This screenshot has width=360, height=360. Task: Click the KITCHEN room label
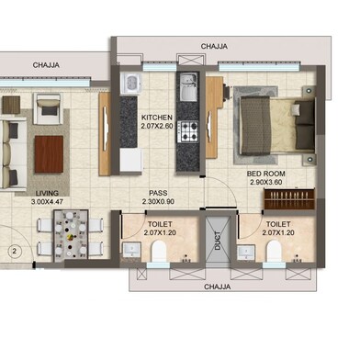click(x=157, y=118)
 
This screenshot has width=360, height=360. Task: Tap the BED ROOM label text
click(x=266, y=174)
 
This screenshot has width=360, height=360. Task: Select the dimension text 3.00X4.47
click(x=47, y=202)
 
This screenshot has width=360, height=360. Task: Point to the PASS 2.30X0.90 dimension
click(x=158, y=201)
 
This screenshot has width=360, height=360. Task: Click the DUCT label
click(x=218, y=241)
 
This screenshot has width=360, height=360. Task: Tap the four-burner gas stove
click(x=187, y=131)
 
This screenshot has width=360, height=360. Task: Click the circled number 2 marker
click(x=14, y=252)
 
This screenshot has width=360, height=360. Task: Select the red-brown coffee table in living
click(x=49, y=154)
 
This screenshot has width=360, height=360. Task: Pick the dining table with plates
click(x=71, y=236)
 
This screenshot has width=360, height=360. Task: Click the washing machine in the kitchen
click(x=130, y=83)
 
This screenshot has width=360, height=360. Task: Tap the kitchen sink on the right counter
click(x=188, y=87)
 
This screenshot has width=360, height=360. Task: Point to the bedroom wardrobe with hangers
click(x=289, y=199)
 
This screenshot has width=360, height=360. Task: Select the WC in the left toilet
click(x=159, y=251)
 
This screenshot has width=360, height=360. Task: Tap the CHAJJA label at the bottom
click(x=218, y=287)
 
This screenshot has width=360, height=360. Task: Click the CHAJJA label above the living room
click(x=46, y=65)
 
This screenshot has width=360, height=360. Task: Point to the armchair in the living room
click(x=49, y=108)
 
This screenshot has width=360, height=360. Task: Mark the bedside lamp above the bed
click(x=309, y=91)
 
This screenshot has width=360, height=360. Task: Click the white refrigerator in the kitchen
click(x=130, y=161)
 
